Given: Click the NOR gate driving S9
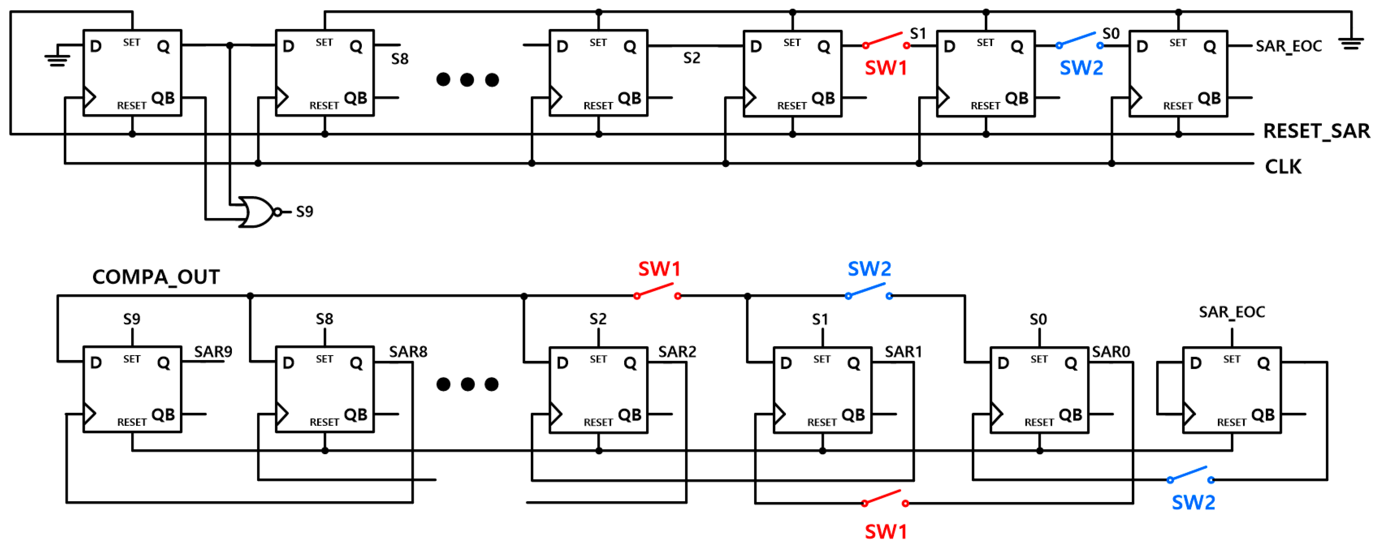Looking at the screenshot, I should pos(255,212).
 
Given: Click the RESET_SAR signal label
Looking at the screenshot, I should pos(1316,131).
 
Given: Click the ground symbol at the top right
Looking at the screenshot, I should pos(1351,43).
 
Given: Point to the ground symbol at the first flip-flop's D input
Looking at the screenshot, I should pos(57,59).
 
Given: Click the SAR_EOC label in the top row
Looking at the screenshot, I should pos(1288,46).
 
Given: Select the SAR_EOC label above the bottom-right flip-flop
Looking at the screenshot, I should pos(1232,312).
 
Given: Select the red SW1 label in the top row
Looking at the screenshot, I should pos(886,68).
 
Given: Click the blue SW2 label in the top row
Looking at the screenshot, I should pos(1081,68).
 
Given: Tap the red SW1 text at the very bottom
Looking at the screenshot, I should pos(886,532).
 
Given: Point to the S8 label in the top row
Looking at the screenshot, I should pos(399,59).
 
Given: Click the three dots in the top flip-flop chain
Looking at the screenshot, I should pos(467,80).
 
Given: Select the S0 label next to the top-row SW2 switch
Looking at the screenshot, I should pos(1110,34).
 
